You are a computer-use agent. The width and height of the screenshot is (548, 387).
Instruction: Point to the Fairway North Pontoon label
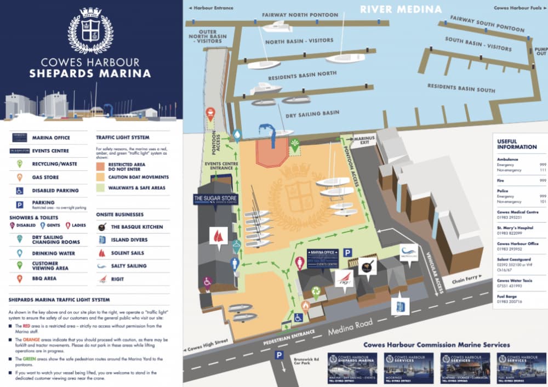300,15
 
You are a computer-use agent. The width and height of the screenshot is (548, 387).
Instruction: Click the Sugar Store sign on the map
215,198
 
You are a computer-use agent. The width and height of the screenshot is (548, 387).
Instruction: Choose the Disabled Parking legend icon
19,191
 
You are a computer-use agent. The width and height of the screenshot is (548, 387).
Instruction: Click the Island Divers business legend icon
101,240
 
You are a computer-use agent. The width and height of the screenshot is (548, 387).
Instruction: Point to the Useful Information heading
516,144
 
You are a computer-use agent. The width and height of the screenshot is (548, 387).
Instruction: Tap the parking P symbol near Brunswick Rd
279,355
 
